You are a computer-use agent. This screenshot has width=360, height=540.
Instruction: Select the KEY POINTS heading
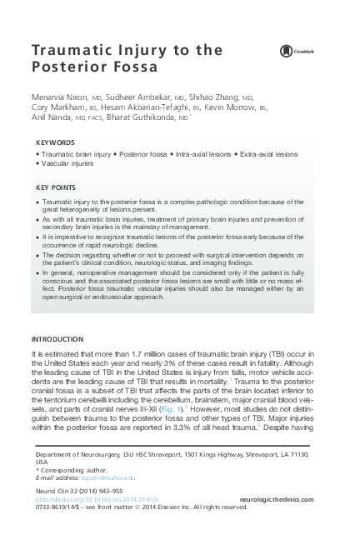click(x=57, y=187)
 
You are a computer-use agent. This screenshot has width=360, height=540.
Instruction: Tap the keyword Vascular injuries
click(x=67, y=163)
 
